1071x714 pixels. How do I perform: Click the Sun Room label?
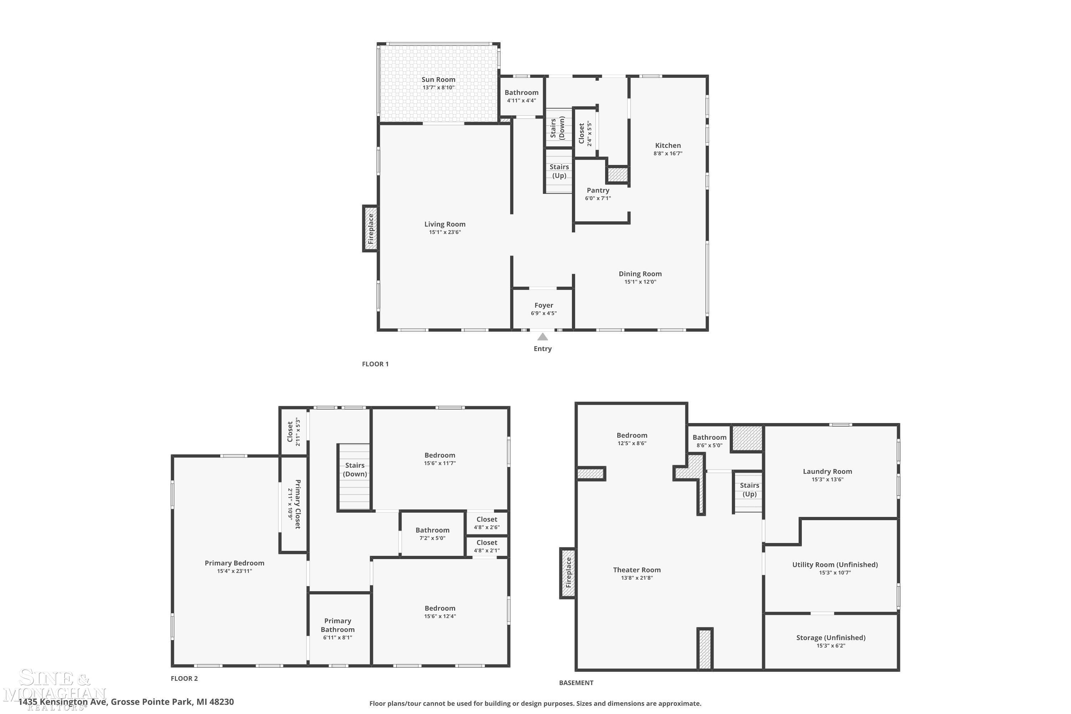pos(438,79)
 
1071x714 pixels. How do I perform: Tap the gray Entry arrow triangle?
pos(542,337)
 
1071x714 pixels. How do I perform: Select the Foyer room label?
pos(544,305)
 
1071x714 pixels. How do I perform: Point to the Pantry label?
pos(598,190)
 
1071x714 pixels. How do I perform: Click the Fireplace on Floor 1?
pos(370,228)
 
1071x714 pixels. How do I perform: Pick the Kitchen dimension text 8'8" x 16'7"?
pos(668,154)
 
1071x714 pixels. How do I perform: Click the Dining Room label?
pos(640,274)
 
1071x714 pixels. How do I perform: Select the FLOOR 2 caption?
pos(185,678)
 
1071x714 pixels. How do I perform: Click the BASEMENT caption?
pos(576,683)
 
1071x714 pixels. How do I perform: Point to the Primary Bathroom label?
pos(337,625)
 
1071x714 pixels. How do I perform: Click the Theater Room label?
pos(637,570)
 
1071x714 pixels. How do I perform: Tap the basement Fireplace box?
pos(568,573)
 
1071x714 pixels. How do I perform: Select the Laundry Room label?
pos(828,471)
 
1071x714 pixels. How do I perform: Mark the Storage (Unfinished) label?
pos(831,638)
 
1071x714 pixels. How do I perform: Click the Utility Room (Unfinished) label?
pos(835,565)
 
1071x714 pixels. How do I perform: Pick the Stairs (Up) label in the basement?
pos(749,489)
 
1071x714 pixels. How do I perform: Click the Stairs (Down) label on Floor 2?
pos(355,469)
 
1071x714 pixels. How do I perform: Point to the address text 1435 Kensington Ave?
pos(63,702)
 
